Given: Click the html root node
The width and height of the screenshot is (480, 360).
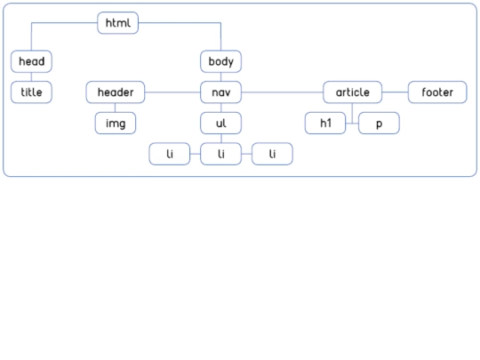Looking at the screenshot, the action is [118, 23].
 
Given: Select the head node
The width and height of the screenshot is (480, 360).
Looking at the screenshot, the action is [31, 61].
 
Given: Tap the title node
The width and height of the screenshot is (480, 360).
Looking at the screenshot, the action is [31, 92].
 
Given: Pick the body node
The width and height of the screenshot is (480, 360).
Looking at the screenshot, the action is [220, 61].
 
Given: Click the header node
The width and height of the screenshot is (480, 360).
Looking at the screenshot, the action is [116, 92].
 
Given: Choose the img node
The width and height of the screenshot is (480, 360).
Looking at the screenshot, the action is [116, 123].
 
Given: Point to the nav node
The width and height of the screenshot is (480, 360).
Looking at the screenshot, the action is [220, 92].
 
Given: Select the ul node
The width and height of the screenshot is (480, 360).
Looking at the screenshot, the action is [220, 123].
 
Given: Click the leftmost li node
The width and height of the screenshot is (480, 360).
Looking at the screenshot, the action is [170, 154].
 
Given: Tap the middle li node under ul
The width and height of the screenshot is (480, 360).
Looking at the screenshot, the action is [220, 154].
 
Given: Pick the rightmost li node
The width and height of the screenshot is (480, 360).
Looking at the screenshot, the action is [272, 154].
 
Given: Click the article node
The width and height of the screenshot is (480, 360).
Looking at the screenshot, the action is [352, 92].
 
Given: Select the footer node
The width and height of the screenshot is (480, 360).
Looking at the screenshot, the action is [437, 92].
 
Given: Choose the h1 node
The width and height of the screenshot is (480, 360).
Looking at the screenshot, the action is [325, 123].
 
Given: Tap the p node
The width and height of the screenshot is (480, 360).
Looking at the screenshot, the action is [379, 123].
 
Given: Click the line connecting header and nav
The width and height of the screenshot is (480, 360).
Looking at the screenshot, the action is [172, 92].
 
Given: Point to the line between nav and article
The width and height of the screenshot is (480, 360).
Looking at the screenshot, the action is [283, 92].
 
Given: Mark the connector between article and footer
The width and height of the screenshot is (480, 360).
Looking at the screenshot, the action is [395, 92].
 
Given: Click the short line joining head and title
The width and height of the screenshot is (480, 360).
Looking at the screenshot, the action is [31, 76].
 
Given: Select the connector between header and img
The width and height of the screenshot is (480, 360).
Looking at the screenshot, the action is [115, 108].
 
